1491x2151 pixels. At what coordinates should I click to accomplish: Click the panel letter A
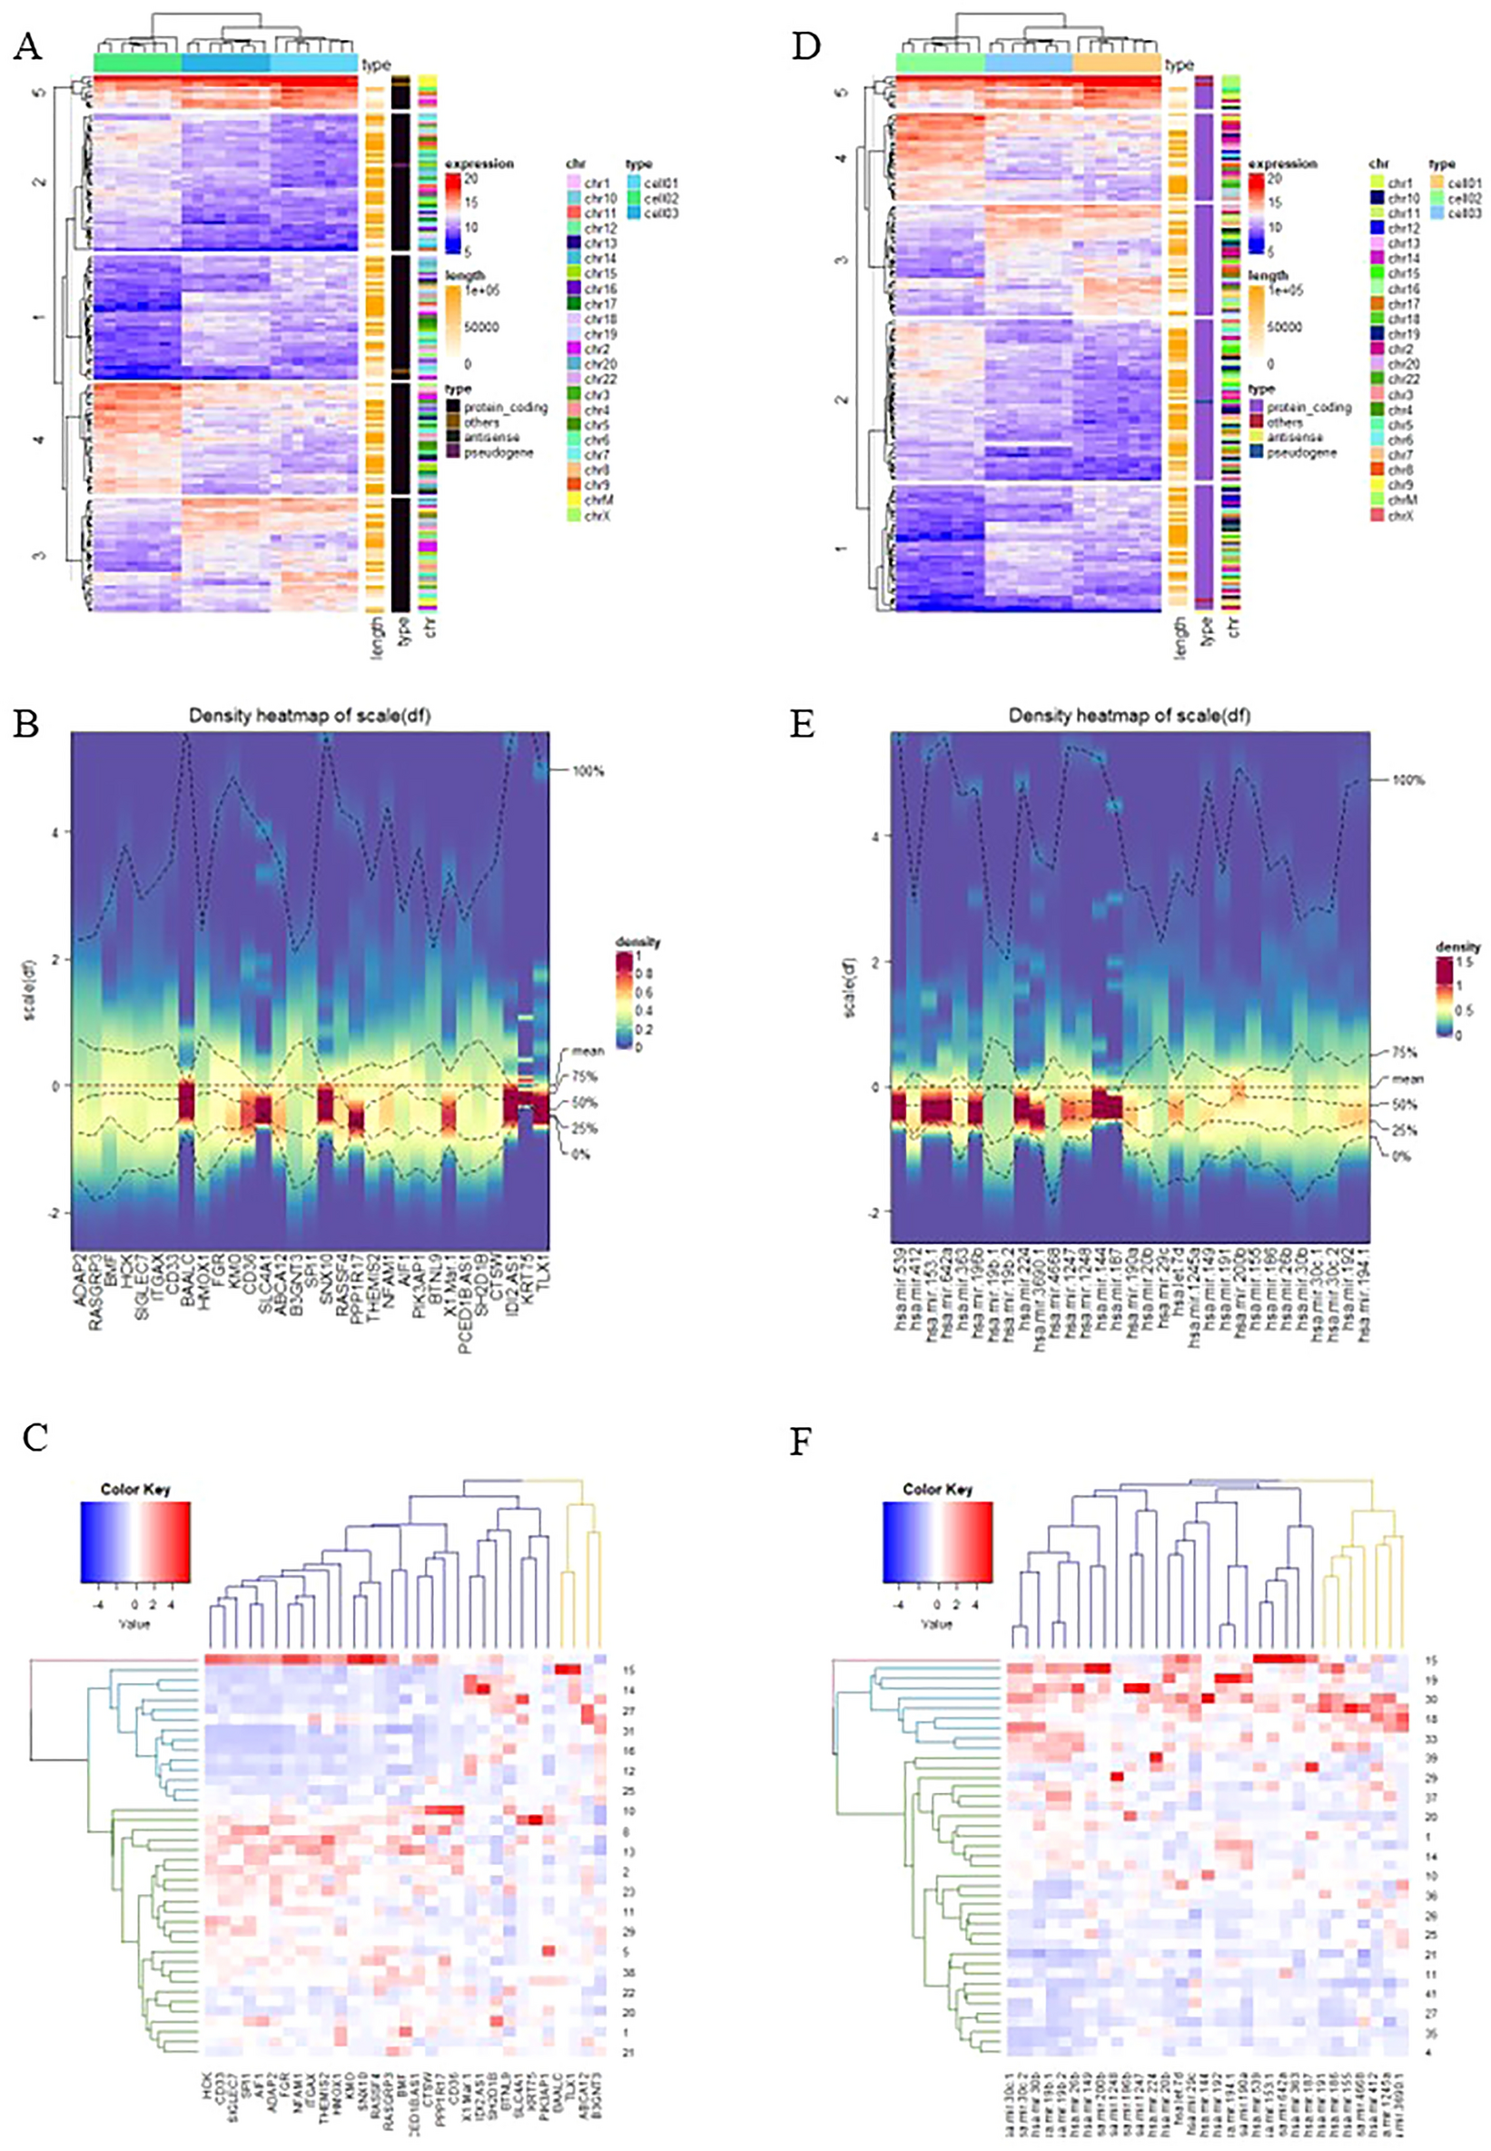(28, 46)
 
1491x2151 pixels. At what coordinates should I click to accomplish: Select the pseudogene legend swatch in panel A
(454, 453)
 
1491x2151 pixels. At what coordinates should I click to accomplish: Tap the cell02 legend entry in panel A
(660, 198)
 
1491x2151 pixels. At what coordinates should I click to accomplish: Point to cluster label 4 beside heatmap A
(38, 437)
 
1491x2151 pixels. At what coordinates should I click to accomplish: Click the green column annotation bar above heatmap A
(137, 63)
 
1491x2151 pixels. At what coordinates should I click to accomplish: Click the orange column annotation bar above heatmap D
(1117, 63)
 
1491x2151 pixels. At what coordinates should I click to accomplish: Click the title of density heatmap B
(310, 716)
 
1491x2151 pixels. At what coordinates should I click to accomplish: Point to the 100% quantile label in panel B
(588, 772)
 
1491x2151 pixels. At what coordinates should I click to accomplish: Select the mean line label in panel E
(1407, 1079)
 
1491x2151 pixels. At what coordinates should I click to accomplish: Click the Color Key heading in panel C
(134, 1490)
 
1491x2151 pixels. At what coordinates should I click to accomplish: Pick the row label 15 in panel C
(628, 1670)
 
